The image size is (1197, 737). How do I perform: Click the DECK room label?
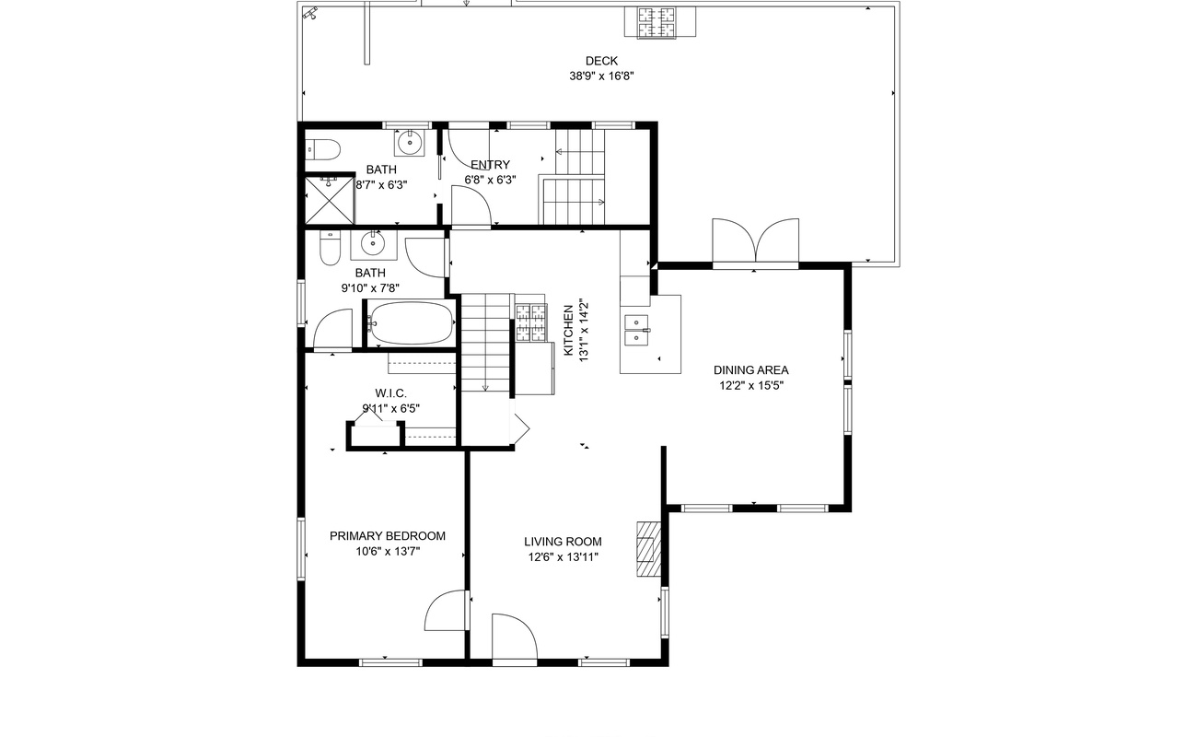601,61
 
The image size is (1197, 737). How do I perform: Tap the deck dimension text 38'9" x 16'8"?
601,76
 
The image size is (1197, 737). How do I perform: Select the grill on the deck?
660,22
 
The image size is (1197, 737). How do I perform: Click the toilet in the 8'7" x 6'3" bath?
323,150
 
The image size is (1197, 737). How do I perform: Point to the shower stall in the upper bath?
330,200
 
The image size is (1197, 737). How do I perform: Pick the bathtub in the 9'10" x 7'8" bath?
410,323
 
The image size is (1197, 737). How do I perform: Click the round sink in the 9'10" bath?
373,244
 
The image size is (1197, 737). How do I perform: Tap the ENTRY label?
490,165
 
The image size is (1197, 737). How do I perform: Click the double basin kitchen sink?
636,330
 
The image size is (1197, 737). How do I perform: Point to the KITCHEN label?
569,330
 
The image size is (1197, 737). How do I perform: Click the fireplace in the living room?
648,549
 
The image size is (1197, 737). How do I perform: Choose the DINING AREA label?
750,370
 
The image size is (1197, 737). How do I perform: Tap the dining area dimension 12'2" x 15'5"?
750,385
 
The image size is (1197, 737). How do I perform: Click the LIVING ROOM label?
563,542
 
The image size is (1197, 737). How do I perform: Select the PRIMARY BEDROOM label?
388,536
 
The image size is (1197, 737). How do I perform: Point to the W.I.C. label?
390,393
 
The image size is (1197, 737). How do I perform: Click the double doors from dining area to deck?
756,241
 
